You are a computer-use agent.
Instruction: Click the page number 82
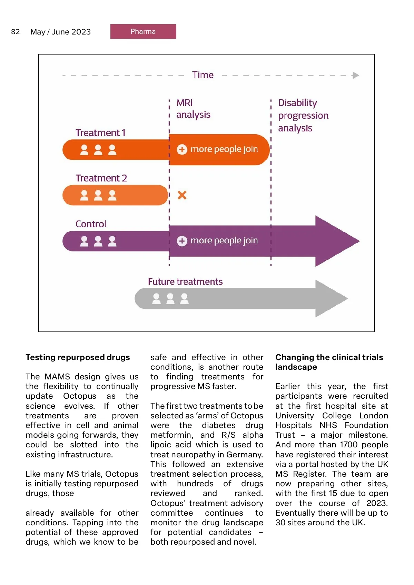pos(16,32)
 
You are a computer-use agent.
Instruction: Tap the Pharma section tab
pos(143,31)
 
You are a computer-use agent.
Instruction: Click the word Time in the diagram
pos(203,75)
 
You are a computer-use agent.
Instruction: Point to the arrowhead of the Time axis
pos(356,75)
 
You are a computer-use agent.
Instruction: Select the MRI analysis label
pos(193,109)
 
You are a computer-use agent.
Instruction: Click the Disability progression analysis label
pos(303,115)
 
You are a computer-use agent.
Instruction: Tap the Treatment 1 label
pos(100,133)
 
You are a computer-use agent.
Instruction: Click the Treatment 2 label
pos(101,178)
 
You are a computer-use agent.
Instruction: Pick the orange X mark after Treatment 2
pos(182,195)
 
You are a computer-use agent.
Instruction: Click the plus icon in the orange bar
pos(182,149)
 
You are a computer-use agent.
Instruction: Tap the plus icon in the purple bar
pos(182,241)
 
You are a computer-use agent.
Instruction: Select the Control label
pos(91,224)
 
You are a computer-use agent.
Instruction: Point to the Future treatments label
pos(185,281)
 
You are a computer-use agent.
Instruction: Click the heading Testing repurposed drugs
pos(78,357)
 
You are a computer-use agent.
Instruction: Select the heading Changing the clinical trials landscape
pos(329,362)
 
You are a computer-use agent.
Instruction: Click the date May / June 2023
pos(60,32)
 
